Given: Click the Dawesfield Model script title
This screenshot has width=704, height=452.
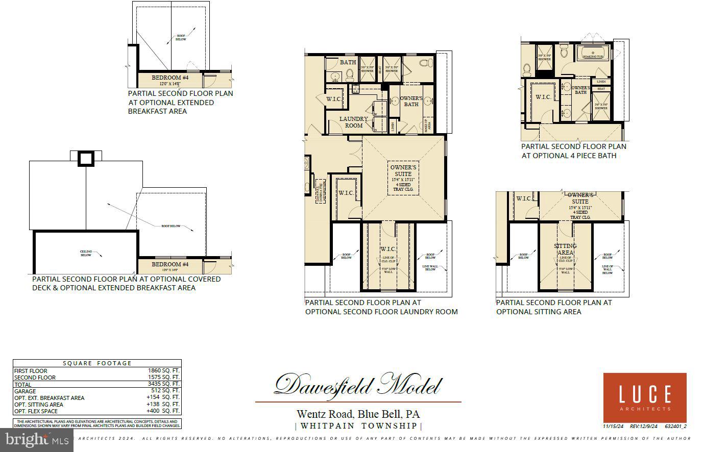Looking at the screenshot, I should click(358, 385).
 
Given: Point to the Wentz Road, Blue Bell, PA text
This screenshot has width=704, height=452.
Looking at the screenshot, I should click(358, 414).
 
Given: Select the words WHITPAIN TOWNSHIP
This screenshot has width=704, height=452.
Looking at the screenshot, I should click(358, 425).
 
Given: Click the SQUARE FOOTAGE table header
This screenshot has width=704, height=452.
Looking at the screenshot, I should click(97, 363).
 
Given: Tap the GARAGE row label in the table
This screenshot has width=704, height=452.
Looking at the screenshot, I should click(25, 391).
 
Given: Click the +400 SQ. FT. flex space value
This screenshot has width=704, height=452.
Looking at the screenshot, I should click(163, 411).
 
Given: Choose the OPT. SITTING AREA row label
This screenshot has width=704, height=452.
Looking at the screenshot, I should click(39, 405).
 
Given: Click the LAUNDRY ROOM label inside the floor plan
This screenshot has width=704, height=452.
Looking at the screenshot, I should click(354, 122).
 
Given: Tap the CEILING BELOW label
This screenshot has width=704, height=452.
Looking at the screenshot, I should click(86, 253).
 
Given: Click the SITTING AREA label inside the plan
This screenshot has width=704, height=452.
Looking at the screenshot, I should click(565, 249).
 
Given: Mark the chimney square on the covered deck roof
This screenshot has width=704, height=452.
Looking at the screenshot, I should click(86, 159).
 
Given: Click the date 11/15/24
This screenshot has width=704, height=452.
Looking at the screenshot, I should click(613, 426).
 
